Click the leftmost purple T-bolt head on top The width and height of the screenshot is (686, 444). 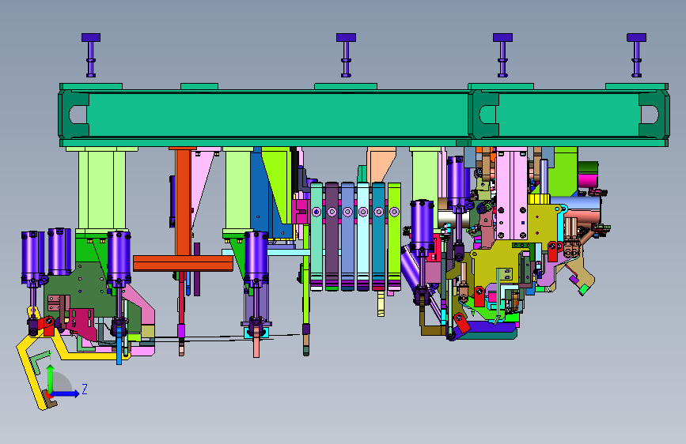click(x=91, y=38)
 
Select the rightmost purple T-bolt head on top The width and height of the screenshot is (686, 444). click(x=636, y=38)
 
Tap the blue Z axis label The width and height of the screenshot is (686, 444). click(x=85, y=389)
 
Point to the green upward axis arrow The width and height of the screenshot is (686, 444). click(x=51, y=378)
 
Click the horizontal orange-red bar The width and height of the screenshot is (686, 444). click(x=183, y=264)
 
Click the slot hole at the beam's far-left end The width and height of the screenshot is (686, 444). click(x=78, y=115)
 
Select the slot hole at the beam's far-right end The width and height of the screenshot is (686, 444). click(x=650, y=115)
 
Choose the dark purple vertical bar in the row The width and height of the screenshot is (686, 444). click(x=332, y=236)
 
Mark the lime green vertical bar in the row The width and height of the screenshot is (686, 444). click(x=394, y=236)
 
